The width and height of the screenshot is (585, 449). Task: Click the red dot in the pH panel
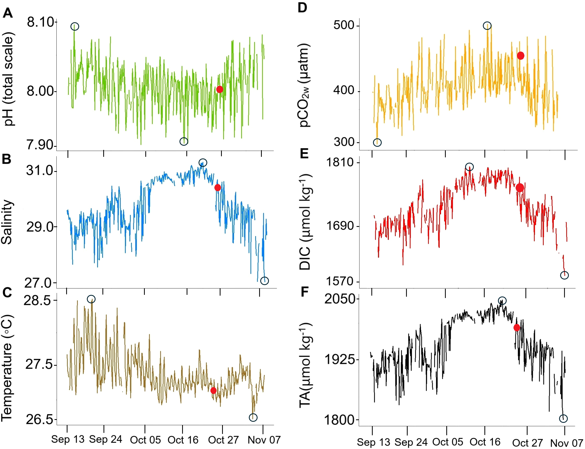click(x=219, y=89)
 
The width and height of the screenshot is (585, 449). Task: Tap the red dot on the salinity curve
click(x=218, y=188)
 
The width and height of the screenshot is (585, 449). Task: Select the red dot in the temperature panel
click(x=213, y=391)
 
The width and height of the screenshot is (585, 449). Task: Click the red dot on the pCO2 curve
click(x=520, y=56)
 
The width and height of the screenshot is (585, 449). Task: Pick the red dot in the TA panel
click(x=516, y=327)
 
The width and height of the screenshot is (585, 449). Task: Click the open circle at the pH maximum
click(x=75, y=26)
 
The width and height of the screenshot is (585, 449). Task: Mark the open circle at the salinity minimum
click(x=264, y=281)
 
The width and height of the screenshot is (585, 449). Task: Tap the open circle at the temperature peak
click(x=91, y=299)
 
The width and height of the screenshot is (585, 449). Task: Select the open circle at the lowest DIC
click(x=564, y=275)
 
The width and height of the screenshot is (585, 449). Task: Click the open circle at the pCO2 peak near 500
click(x=487, y=26)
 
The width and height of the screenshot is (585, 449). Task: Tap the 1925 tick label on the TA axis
click(x=339, y=359)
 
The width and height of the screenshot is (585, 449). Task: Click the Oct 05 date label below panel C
click(x=145, y=440)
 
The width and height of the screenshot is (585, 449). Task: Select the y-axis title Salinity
click(x=7, y=222)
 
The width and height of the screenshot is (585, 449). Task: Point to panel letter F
click(x=304, y=292)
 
